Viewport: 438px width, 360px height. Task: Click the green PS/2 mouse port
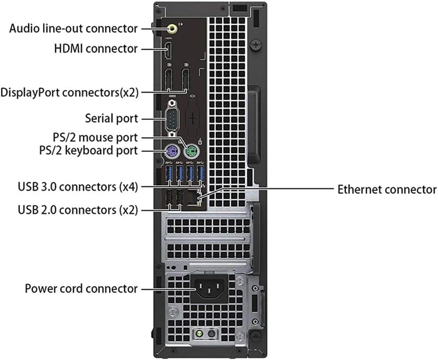click(192, 151)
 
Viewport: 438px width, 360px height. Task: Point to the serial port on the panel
click(172, 119)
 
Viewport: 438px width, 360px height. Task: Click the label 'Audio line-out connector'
click(73, 28)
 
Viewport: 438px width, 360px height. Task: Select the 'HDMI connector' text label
click(95, 48)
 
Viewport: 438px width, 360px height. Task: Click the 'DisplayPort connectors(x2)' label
click(69, 93)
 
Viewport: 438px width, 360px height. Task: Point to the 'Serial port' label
click(112, 119)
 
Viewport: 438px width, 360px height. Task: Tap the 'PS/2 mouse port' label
click(93, 137)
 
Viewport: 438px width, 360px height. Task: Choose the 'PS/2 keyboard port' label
click(88, 150)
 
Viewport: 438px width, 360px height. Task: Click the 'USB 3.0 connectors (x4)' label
click(78, 186)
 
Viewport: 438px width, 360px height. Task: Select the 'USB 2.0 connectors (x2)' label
click(78, 209)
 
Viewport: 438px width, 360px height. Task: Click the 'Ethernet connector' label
click(386, 189)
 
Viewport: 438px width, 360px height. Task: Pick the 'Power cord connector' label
click(81, 288)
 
